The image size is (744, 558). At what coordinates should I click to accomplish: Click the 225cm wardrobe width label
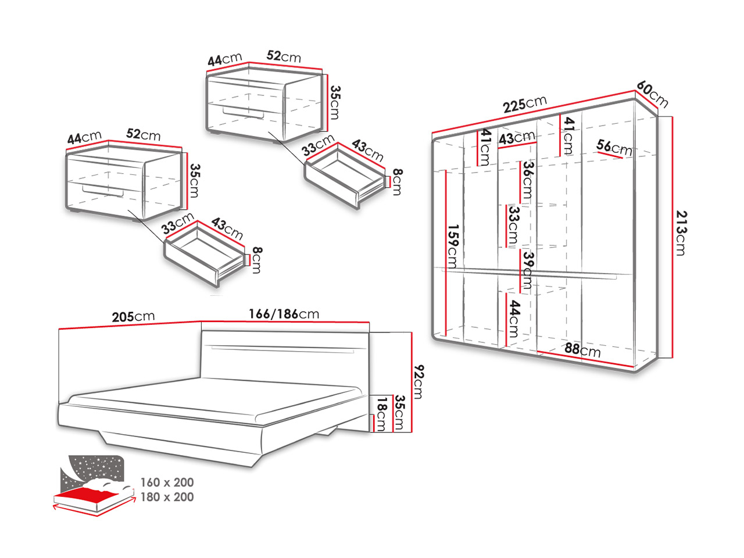click(x=525, y=104)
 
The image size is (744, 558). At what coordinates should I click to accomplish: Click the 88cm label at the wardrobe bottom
click(x=582, y=350)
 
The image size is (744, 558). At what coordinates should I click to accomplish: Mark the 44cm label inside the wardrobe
click(x=513, y=319)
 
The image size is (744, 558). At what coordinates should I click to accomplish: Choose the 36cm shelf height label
click(x=527, y=181)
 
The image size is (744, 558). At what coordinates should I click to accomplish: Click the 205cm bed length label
click(x=133, y=317)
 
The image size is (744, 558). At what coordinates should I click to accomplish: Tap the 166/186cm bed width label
click(x=284, y=314)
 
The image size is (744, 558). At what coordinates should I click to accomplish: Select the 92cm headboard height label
click(x=417, y=381)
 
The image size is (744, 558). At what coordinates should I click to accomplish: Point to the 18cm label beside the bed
click(x=381, y=413)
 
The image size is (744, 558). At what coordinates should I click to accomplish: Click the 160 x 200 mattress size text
click(x=167, y=482)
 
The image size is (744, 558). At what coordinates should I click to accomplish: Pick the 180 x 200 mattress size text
click(x=167, y=497)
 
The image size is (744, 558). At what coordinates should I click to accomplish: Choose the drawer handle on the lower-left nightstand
click(x=103, y=191)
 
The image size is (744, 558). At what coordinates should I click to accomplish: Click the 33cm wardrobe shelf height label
click(x=513, y=226)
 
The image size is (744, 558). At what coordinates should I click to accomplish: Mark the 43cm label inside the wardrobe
click(x=517, y=139)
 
